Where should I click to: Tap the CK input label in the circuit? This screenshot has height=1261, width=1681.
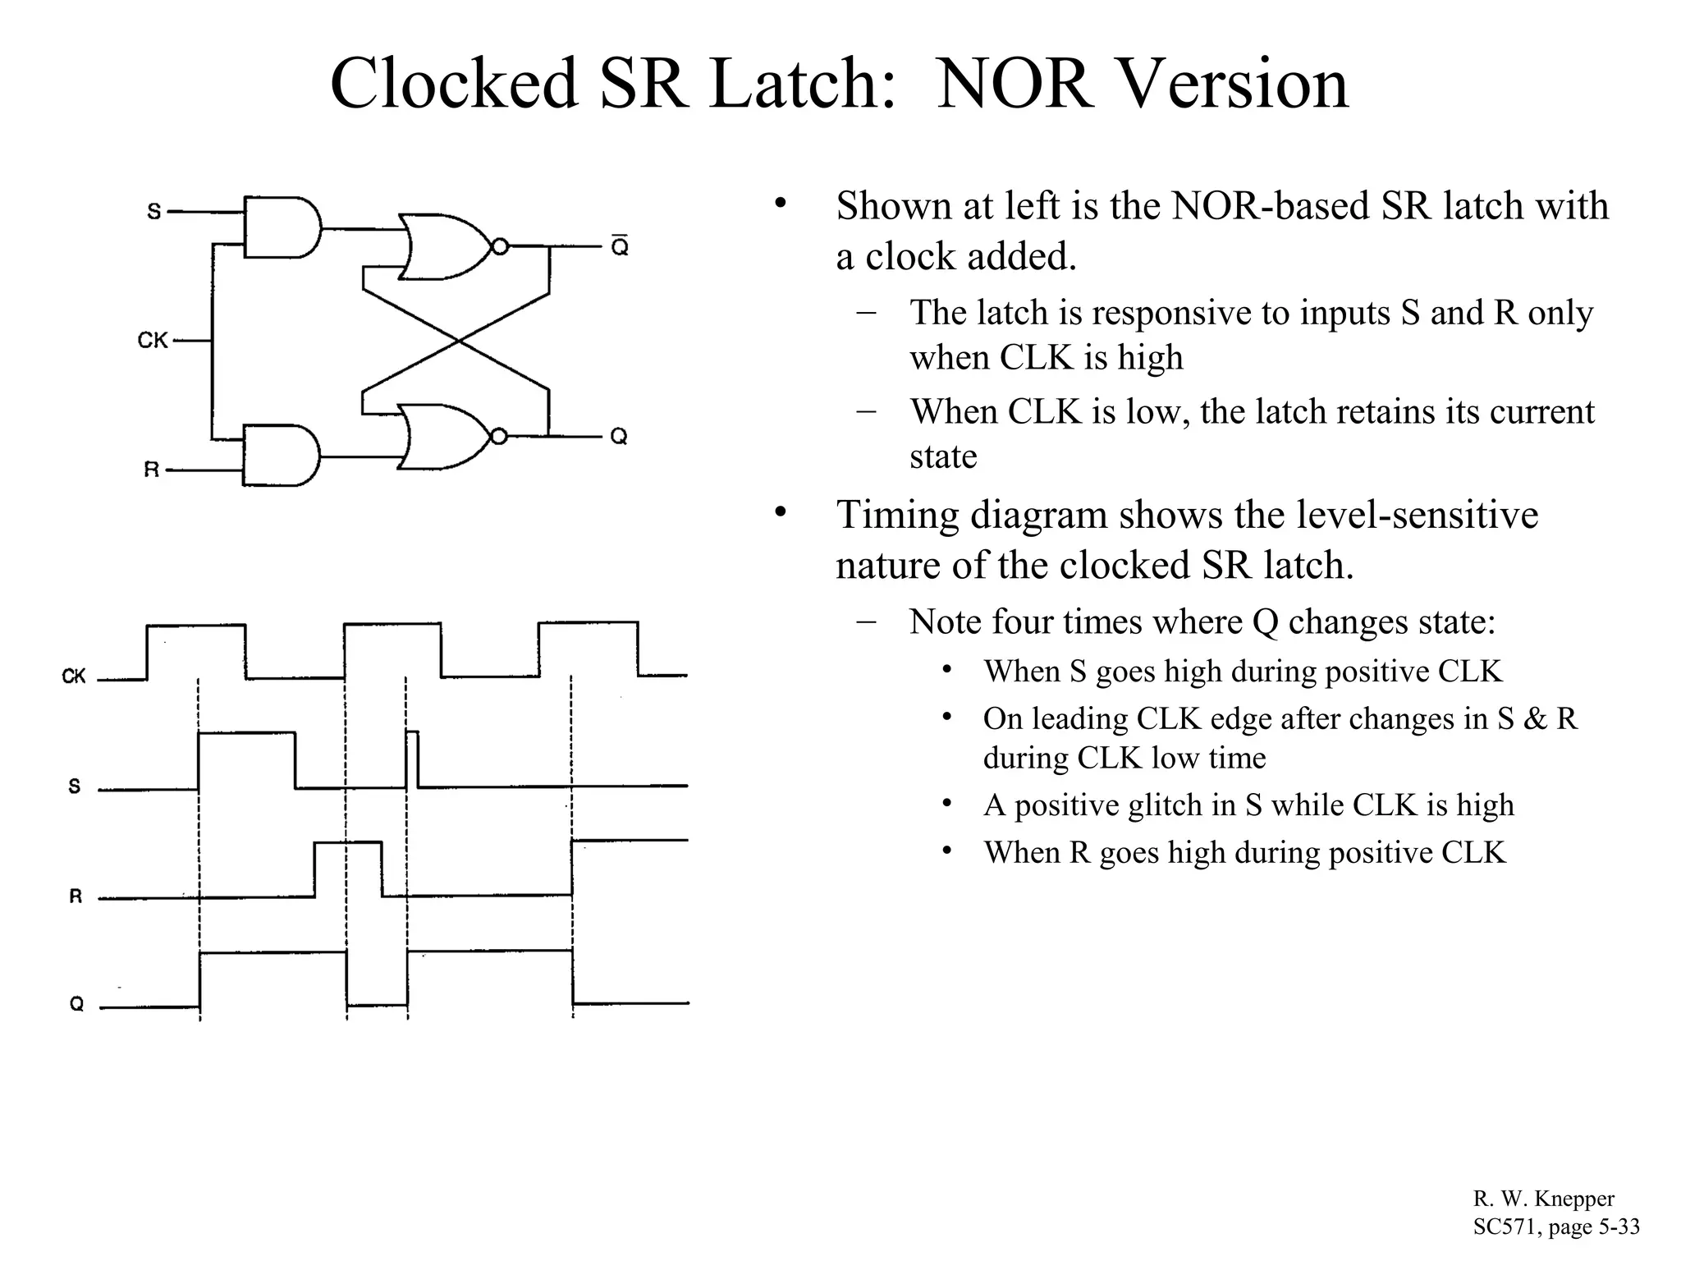[x=153, y=340]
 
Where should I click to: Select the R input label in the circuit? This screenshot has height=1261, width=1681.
[x=152, y=470]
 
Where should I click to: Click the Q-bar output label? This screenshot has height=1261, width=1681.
[x=620, y=245]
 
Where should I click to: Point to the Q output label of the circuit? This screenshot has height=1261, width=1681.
[x=619, y=436]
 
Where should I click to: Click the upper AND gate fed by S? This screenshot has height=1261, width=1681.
[x=281, y=227]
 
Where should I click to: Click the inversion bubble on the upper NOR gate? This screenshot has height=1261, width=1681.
[x=499, y=246]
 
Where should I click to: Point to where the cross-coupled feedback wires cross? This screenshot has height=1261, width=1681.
[x=456, y=341]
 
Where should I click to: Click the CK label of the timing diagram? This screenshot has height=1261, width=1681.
[x=74, y=676]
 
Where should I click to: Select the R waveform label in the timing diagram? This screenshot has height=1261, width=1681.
[x=76, y=896]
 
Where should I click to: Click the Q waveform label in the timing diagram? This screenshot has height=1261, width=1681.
[x=76, y=1004]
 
